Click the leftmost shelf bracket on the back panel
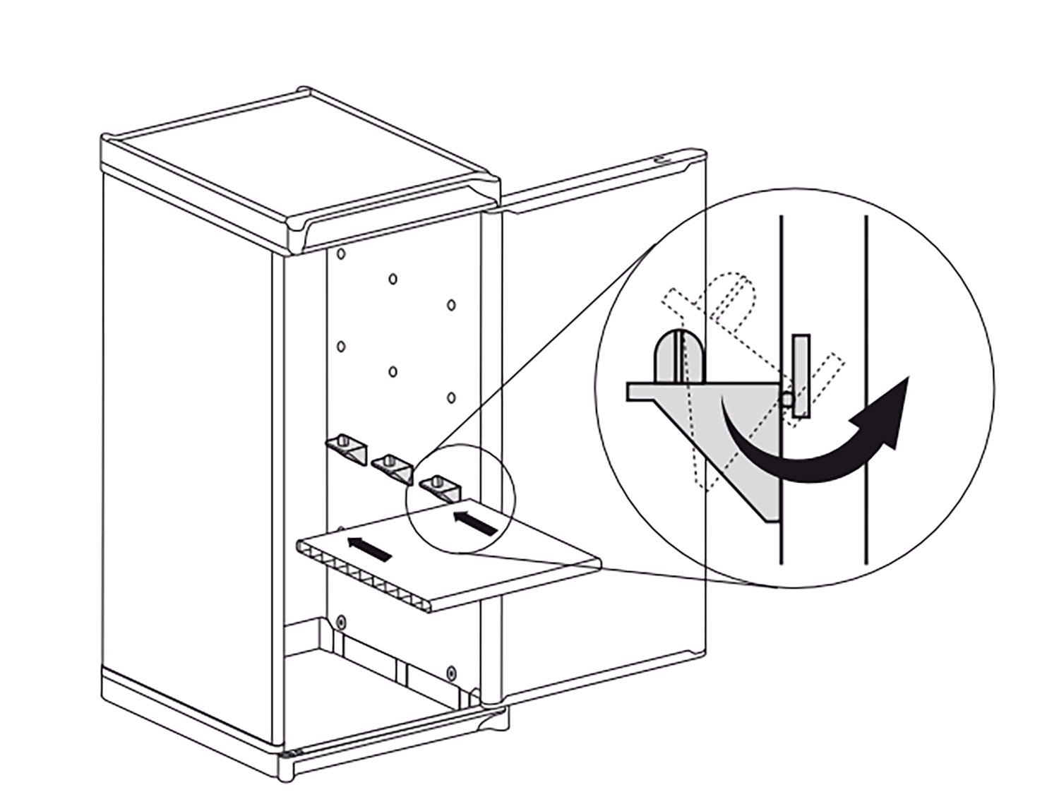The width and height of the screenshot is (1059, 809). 345,448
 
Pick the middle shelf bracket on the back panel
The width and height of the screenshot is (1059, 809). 390,467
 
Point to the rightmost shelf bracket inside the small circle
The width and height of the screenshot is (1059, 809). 438,487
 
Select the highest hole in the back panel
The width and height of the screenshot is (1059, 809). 340,253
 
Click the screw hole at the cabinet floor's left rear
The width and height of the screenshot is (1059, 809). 341,622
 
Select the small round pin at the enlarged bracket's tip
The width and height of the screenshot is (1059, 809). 786,399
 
